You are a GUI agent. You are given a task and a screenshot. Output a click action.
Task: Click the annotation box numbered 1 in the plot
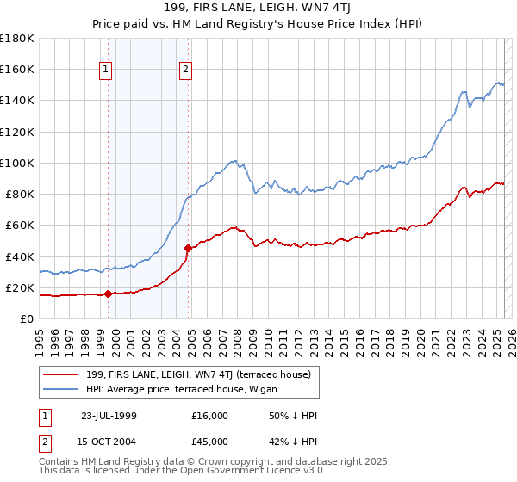105,71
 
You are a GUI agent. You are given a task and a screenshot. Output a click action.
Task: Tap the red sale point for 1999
108,294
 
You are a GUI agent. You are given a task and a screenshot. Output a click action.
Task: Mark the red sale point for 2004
188,248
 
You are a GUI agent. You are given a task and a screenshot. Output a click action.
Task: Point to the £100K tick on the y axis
17,163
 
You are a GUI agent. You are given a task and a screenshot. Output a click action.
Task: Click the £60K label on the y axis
20,225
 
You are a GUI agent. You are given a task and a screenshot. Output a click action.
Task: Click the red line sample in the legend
61,373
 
